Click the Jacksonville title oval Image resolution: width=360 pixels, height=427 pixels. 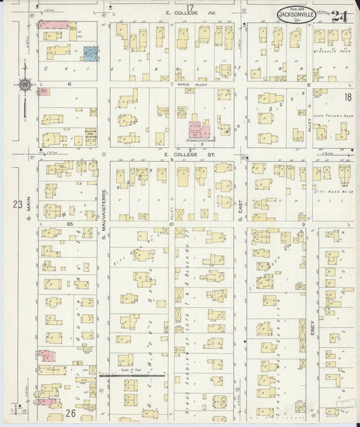[298, 12]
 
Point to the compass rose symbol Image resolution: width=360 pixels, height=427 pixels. [25, 85]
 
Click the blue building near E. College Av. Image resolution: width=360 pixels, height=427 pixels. [90, 53]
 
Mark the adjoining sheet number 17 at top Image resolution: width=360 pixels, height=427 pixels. [190, 7]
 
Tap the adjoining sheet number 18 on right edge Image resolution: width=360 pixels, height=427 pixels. [347, 97]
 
